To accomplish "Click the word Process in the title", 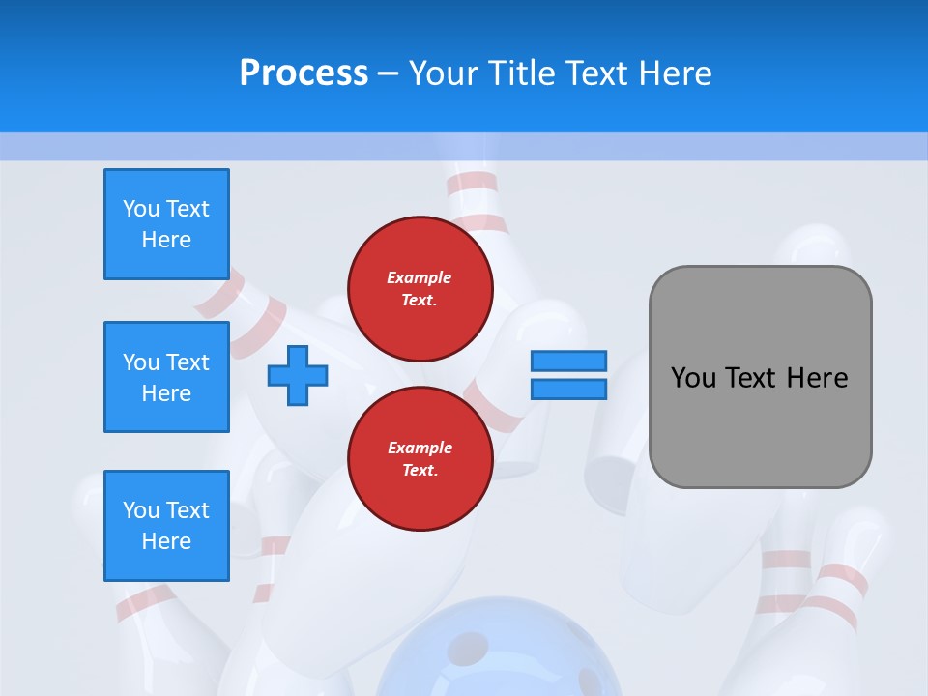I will pos(304,73).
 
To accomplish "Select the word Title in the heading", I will pos(523,73).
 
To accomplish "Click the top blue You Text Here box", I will pos(166,224).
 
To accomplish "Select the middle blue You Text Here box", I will pos(166,377).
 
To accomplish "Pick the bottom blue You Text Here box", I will pos(166,526).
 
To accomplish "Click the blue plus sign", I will pos(298,375).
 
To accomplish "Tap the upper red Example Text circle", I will pos(420,289).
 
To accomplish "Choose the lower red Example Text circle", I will pos(420,459).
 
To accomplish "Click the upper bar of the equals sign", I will pos(568,361).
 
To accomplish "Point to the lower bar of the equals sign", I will pos(568,389).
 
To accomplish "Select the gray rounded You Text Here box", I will pos(761,377).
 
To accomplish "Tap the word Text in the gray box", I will pos(750,378).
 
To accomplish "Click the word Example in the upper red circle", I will pos(420,277).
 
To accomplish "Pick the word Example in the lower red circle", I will pos(420,448).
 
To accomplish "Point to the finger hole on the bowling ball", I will pos(470,646).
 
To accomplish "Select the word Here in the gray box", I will pos(817,378).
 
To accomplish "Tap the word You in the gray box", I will pos(693,378).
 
